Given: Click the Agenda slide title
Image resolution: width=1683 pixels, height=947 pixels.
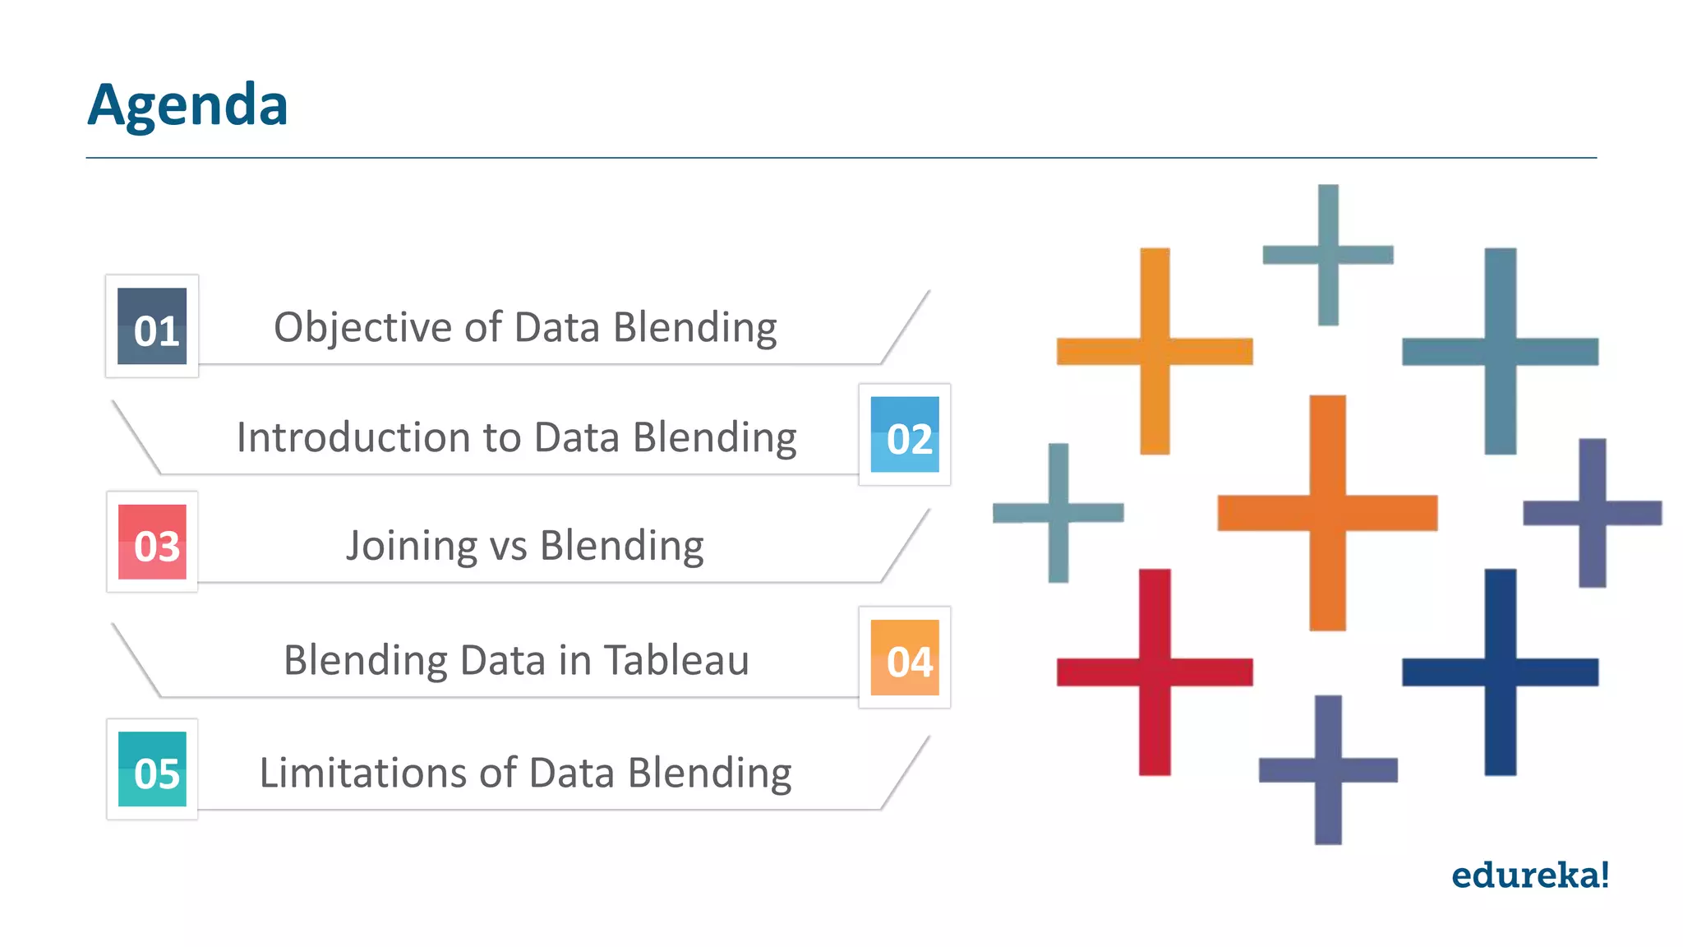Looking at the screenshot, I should pos(187,105).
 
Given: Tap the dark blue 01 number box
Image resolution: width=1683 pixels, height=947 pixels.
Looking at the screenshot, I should pos(152,326).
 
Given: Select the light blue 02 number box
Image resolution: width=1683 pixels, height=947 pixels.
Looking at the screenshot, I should pos(905,435).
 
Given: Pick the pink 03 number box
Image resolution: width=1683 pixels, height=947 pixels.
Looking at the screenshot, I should pos(152,543).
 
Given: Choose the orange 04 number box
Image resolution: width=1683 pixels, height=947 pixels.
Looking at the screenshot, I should pos(905,658).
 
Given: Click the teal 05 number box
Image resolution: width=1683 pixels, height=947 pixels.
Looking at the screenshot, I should pos(152,769).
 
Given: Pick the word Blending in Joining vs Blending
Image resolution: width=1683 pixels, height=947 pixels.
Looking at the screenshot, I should pos(621,546).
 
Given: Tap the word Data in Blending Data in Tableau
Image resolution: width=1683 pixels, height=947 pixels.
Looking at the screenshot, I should pos(502,659).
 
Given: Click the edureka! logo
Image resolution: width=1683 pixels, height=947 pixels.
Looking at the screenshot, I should pos(1529,875).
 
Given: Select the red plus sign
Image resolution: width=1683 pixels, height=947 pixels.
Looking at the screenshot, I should pos(1155,672).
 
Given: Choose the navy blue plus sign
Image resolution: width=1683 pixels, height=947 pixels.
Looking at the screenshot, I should pos(1500,672).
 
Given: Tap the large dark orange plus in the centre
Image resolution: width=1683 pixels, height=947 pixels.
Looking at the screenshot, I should pos(1327,512).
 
